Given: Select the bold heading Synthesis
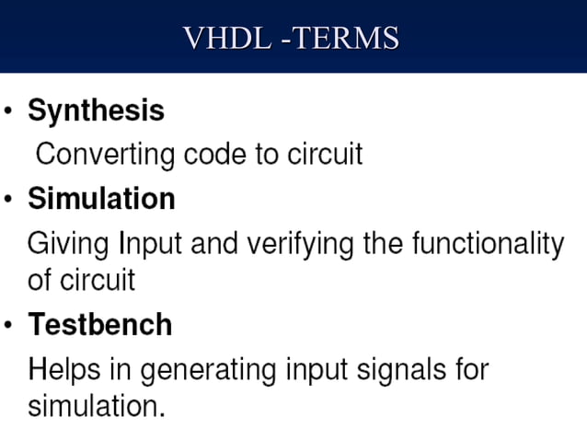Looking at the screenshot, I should pos(96,111).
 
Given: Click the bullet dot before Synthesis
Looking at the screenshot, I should pos(8,113).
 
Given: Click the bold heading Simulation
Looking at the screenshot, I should pos(101,198).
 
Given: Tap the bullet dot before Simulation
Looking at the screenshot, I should pos(8,200).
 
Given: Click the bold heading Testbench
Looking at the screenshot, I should pos(99,324).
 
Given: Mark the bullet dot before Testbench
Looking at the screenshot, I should pos(8,326).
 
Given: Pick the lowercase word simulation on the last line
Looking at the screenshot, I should pos(96,405).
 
